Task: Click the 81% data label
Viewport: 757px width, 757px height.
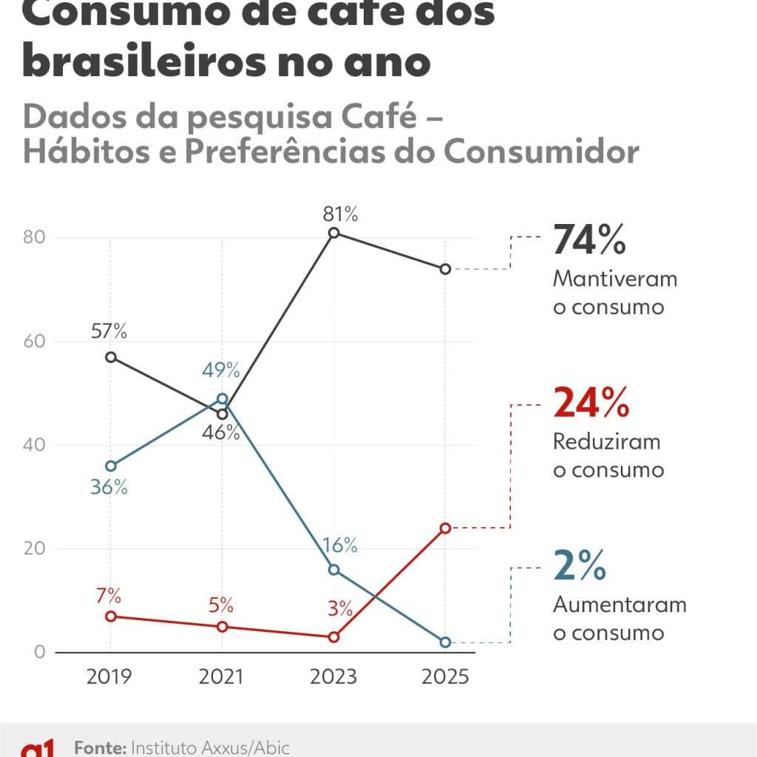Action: point(340,215)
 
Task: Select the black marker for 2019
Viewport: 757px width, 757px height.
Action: point(110,357)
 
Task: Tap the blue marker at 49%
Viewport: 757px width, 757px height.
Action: point(223,398)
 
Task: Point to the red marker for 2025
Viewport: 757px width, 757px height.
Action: point(445,528)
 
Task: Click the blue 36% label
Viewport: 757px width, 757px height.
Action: point(109,488)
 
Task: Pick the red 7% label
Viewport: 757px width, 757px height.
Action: point(109,596)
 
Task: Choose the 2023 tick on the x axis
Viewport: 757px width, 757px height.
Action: point(333,677)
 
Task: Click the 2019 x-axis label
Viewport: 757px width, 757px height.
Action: point(110,677)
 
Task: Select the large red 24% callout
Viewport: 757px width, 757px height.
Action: point(591,403)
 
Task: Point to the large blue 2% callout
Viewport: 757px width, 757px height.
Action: point(579,566)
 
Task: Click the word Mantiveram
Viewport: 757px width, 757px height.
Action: point(615,279)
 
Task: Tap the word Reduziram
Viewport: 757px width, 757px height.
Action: point(607,441)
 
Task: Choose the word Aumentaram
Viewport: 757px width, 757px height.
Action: point(619,605)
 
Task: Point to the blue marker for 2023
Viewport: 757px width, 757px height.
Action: point(333,569)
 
